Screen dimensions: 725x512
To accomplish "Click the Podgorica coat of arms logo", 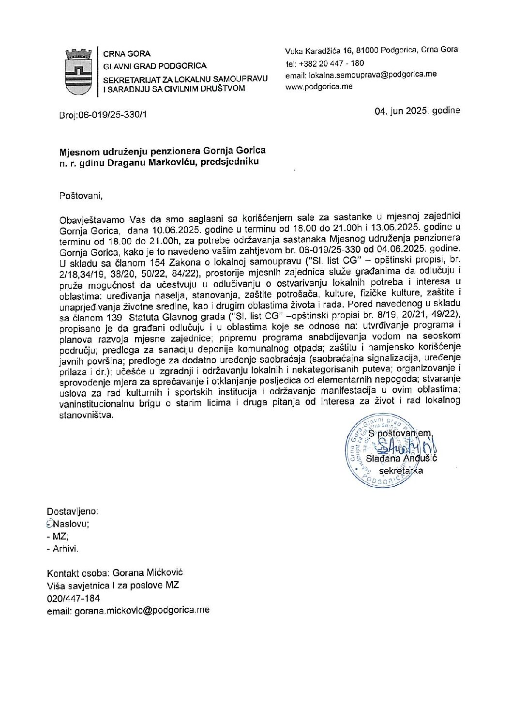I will click(77, 71).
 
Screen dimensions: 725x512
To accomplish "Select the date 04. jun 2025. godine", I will click(417, 110).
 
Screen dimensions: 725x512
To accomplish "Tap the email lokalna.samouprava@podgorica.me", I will click(369, 76).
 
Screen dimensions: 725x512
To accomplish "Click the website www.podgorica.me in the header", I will click(319, 87).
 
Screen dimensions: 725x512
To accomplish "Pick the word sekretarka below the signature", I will click(401, 471).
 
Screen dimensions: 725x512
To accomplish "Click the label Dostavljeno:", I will click(72, 511).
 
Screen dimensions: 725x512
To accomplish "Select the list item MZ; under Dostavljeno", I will click(60, 537).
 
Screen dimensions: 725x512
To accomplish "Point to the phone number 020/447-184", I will click(74, 598).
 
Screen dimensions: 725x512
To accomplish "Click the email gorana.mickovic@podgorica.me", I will click(141, 611).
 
